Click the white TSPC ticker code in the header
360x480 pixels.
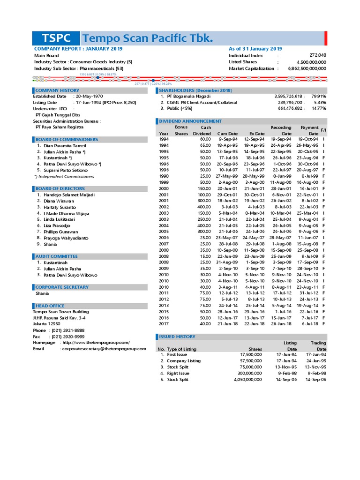pos(56,38)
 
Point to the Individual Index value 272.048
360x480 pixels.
pos(317,55)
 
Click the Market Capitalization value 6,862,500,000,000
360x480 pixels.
pos(307,68)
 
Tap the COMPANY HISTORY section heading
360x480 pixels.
pos(57,90)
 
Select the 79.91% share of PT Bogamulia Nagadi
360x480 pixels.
pos(319,96)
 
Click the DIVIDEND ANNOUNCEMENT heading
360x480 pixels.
pos(190,121)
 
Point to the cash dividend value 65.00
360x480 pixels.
pos(204,145)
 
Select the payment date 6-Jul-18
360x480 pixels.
pos(310,324)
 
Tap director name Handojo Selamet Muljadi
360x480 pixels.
pos(69,195)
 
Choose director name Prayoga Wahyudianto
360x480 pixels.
pos(66,238)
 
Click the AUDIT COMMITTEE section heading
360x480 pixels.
pos(56,256)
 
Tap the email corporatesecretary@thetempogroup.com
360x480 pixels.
pos(104,349)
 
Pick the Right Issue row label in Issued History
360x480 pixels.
pos(178,373)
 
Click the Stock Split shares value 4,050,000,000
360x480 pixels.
pos(247,380)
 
